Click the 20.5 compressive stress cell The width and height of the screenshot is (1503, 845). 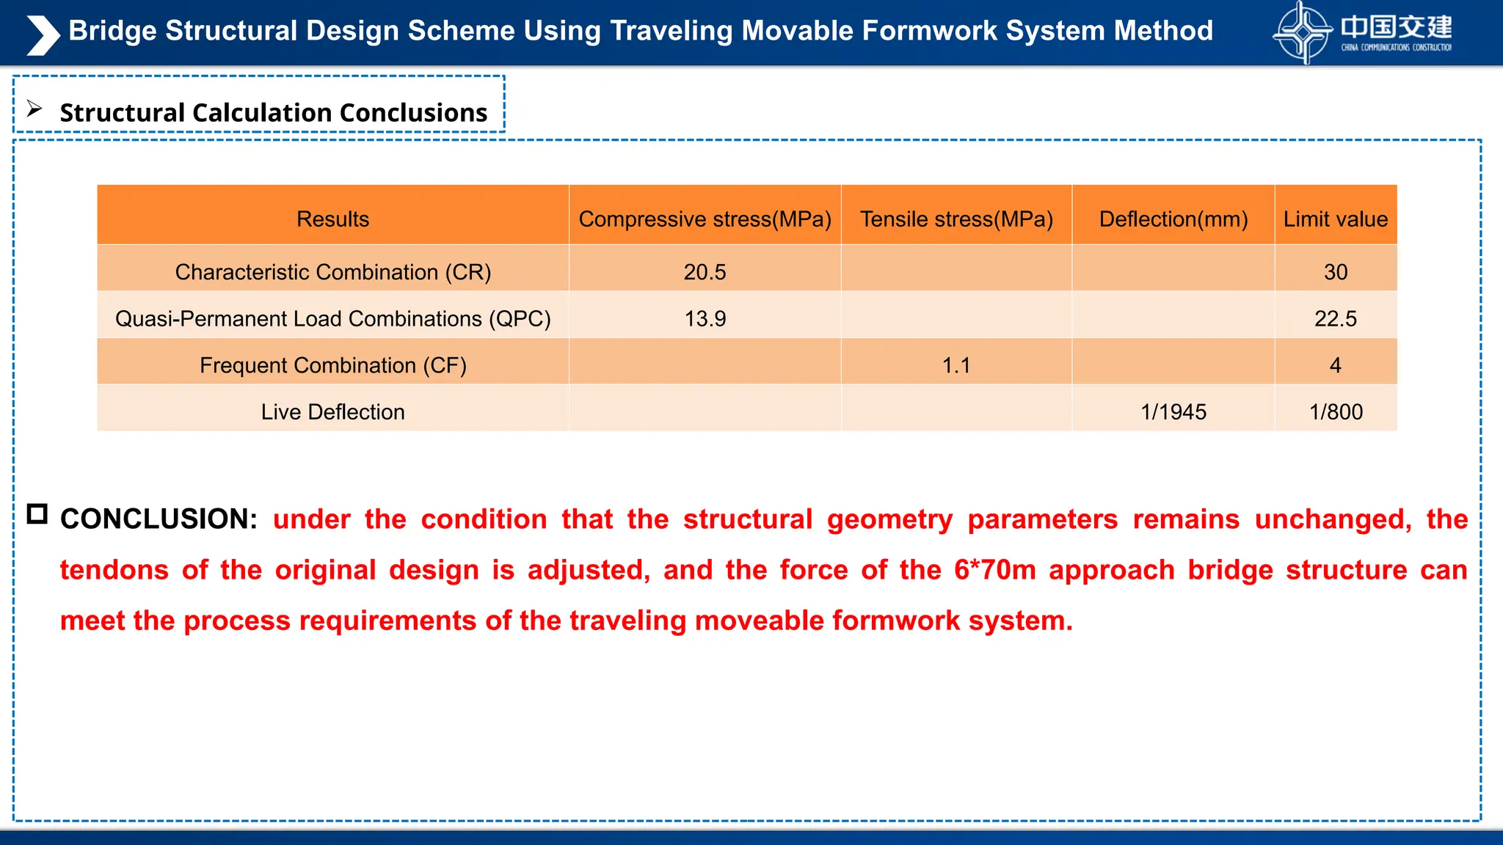click(x=705, y=272)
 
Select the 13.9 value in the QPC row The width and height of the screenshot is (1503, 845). click(x=705, y=319)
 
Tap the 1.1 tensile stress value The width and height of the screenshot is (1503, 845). click(x=956, y=365)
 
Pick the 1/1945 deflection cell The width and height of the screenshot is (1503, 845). click(x=1173, y=412)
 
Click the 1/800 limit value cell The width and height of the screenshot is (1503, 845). click(x=1336, y=412)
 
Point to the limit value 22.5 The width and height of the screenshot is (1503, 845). click(x=1336, y=319)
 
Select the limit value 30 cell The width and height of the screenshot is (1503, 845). click(x=1336, y=272)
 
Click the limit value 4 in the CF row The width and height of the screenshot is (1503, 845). click(x=1336, y=365)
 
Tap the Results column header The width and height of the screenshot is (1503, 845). click(x=332, y=219)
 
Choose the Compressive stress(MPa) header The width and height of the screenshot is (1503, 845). click(x=705, y=219)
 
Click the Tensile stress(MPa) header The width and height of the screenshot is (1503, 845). click(x=956, y=219)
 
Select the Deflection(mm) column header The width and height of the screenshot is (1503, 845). click(x=1173, y=219)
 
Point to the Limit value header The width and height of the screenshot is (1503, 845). click(x=1336, y=219)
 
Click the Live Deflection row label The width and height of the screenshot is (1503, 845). click(x=332, y=412)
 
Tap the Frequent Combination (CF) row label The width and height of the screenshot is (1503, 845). click(x=332, y=365)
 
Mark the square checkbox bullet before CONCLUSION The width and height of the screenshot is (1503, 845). click(x=37, y=514)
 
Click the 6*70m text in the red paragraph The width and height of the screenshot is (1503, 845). click(x=994, y=570)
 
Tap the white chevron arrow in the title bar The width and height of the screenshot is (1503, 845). click(x=43, y=34)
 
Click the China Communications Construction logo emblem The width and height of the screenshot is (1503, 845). click(x=1302, y=33)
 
